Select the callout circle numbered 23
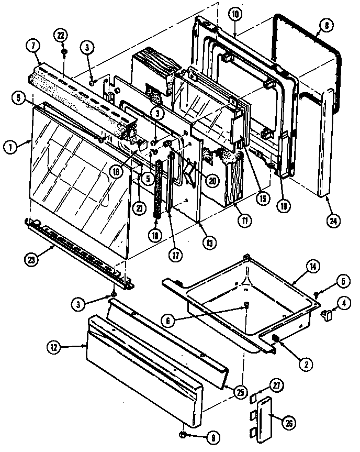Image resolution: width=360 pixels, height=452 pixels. (x=31, y=257)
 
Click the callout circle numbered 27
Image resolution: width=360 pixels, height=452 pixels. (x=276, y=386)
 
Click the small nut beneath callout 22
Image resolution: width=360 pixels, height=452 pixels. (x=63, y=52)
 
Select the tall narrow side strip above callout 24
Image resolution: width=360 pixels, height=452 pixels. (x=324, y=141)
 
